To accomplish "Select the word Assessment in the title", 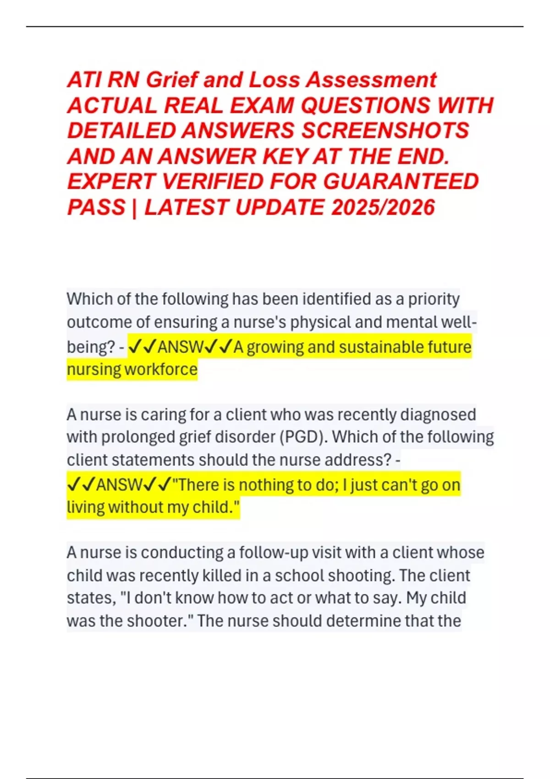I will click(371, 80).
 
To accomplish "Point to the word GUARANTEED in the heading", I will click(401, 181).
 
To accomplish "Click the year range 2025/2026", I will click(382, 207).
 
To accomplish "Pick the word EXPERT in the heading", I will click(111, 181).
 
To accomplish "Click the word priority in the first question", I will click(434, 299).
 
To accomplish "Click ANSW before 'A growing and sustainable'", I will click(180, 347).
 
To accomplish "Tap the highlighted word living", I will click(86, 507).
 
